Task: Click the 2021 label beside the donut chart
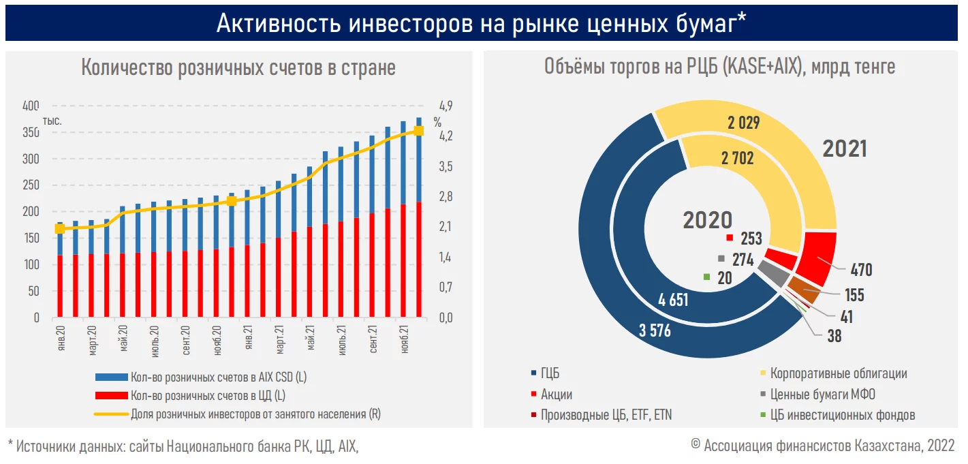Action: [845, 149]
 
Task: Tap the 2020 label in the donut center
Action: [708, 219]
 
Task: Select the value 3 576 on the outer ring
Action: [655, 332]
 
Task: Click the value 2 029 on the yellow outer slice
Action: [743, 123]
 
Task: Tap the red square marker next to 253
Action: [730, 238]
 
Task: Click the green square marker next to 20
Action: [706, 277]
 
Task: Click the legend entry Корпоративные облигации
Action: [838, 373]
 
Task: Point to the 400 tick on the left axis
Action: [31, 106]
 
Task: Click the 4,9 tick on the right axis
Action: [446, 106]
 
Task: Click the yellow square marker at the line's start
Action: [59, 228]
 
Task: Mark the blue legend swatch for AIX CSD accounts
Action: [111, 377]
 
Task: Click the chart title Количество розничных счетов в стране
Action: [238, 68]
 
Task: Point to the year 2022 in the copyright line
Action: [941, 446]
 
